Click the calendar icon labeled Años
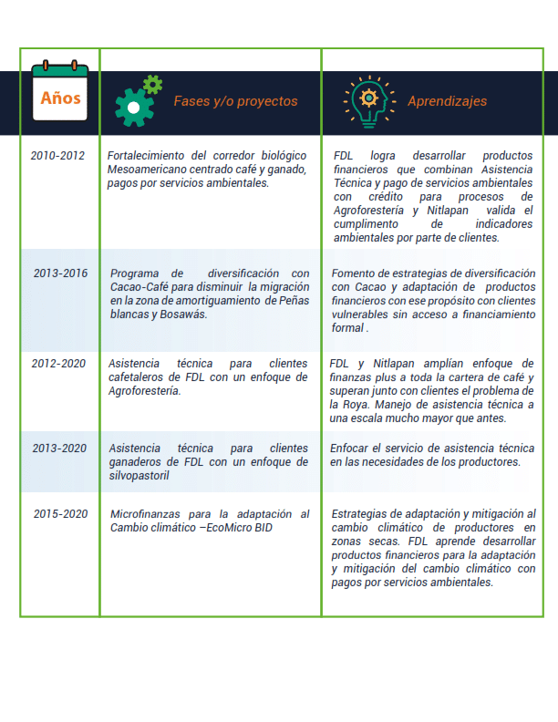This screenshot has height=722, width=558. pos(59,94)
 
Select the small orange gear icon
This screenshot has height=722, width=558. pos(152,84)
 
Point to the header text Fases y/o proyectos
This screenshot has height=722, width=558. pos(235,101)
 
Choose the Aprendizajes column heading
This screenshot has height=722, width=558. pos(447,101)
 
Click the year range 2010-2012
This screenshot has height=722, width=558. pos(57,156)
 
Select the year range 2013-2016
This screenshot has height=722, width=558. pos(61,273)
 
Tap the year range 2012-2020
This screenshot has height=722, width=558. pos(57,364)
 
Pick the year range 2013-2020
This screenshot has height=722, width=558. pos(61,449)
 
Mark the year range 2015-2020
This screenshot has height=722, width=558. pos(61,514)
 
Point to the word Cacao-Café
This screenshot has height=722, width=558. pos(137,287)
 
